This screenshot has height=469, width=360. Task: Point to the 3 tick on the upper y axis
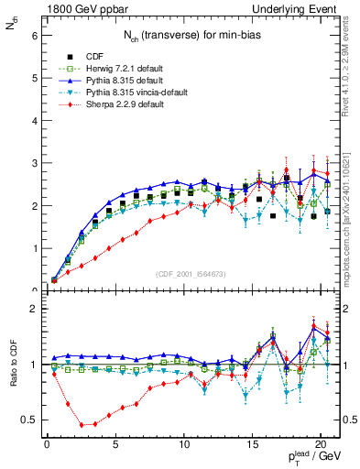coord(34,163)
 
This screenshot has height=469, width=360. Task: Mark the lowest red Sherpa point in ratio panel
coord(83,425)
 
